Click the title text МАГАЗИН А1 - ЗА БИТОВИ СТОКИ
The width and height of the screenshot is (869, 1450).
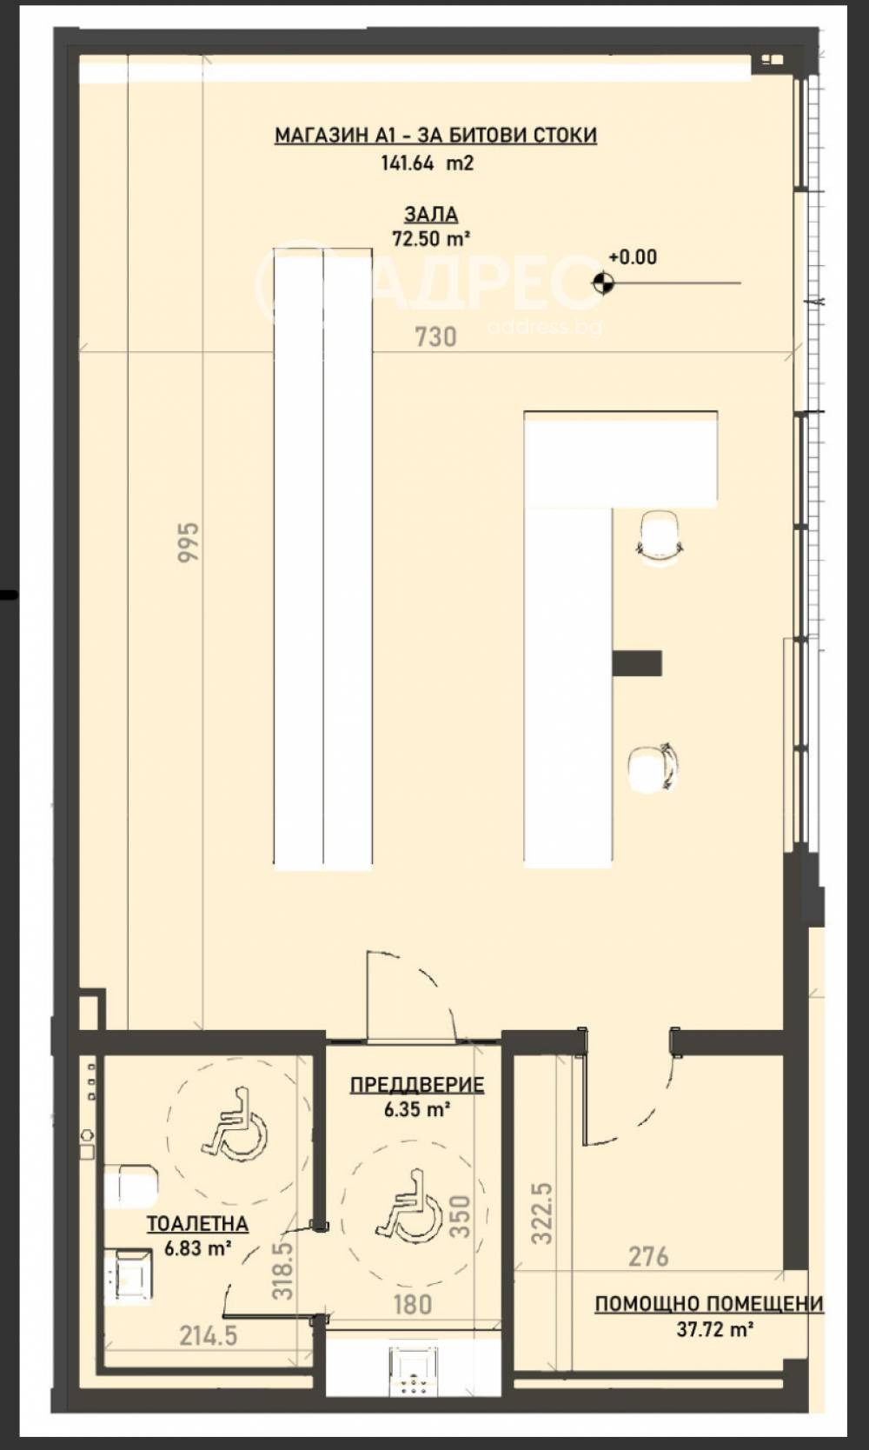tap(435, 136)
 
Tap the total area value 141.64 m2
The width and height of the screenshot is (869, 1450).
tap(427, 163)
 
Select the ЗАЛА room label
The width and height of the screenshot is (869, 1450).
tap(431, 214)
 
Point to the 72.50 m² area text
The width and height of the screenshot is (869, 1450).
tap(431, 239)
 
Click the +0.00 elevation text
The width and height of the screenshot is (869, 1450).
tap(633, 257)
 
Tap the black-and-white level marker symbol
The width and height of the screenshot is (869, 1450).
tap(603, 283)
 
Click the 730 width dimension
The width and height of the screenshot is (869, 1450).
tap(435, 337)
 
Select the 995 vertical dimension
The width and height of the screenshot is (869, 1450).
tap(189, 542)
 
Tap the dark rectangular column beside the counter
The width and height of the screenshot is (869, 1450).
tap(637, 663)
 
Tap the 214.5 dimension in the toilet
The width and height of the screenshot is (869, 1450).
tap(209, 1335)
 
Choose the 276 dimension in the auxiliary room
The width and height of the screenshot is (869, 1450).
tap(648, 1257)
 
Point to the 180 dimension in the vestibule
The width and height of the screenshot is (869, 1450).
tap(413, 1304)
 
